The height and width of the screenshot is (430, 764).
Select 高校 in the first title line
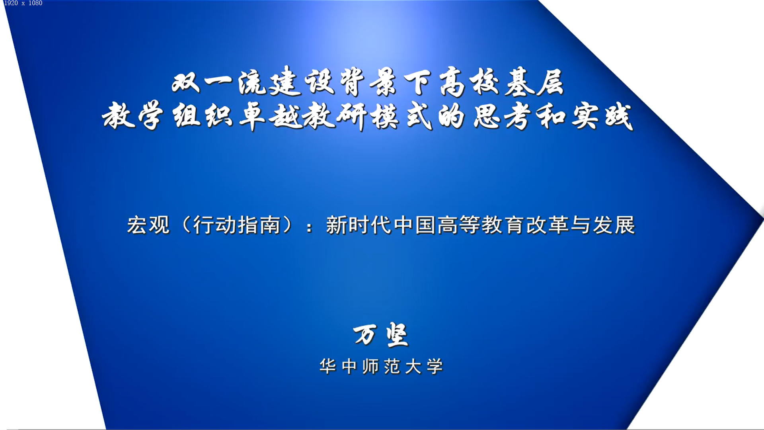pos(470,82)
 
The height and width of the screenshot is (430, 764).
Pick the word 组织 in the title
pos(203,116)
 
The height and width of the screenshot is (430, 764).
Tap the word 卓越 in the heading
pos(270,117)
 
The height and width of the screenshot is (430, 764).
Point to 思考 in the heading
pos(503,117)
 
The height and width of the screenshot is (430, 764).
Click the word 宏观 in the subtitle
pos(148,225)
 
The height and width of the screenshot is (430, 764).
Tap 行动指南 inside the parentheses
pos(237,225)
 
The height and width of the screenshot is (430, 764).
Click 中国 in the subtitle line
pos(414,225)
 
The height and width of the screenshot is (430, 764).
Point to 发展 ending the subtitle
pos(614,225)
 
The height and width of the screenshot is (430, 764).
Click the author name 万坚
pos(381,334)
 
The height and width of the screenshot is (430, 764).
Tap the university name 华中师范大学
pos(381,366)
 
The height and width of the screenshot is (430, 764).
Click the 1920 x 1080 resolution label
pos(23,3)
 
